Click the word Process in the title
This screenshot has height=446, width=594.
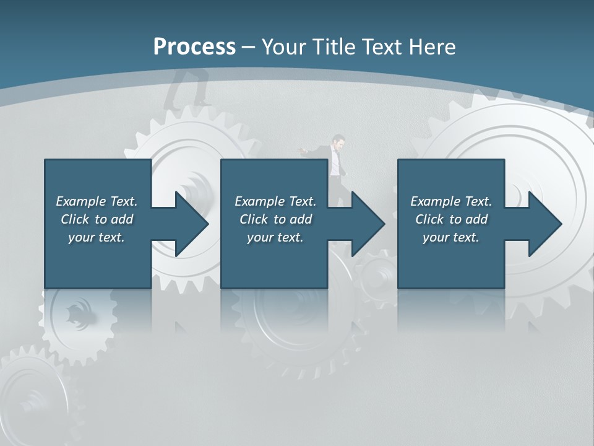194,46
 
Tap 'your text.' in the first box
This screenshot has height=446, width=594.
97,237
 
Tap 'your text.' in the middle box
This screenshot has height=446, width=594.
275,237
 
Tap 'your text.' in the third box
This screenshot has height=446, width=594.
451,237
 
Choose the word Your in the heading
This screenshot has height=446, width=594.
285,46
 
